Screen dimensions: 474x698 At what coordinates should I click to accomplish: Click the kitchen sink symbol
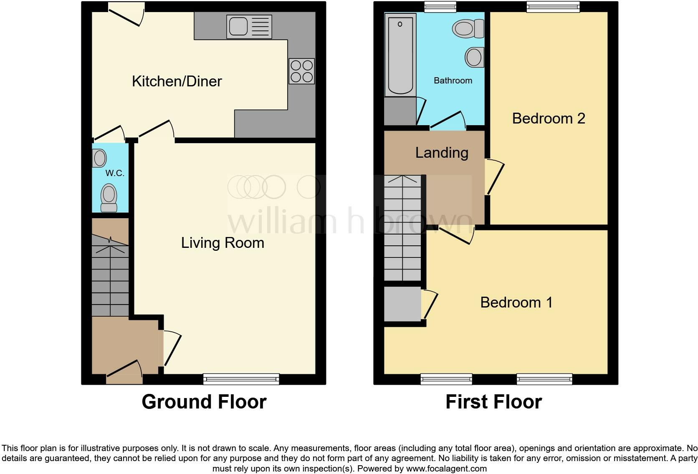249,27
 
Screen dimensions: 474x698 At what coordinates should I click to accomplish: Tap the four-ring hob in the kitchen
301,71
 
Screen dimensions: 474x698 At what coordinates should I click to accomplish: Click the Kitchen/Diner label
177,81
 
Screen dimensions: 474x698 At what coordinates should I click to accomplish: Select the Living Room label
223,242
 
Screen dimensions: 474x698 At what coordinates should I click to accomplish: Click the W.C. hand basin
99,158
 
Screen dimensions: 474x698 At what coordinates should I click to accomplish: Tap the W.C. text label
115,173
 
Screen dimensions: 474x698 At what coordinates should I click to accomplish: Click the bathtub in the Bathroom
400,54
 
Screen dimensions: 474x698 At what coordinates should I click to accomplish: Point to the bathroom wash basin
475,57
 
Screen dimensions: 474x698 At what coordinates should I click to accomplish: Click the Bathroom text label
453,81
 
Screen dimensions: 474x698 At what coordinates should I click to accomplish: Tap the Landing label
442,153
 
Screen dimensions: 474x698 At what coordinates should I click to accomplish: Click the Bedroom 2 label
549,118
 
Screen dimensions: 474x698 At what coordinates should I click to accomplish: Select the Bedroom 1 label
516,302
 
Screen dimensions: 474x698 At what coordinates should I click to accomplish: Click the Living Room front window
241,379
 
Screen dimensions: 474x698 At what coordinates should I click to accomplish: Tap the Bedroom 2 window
553,6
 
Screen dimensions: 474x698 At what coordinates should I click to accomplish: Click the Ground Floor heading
204,402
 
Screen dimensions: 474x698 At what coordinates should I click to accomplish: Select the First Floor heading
493,402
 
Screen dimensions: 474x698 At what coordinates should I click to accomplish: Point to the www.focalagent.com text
446,469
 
